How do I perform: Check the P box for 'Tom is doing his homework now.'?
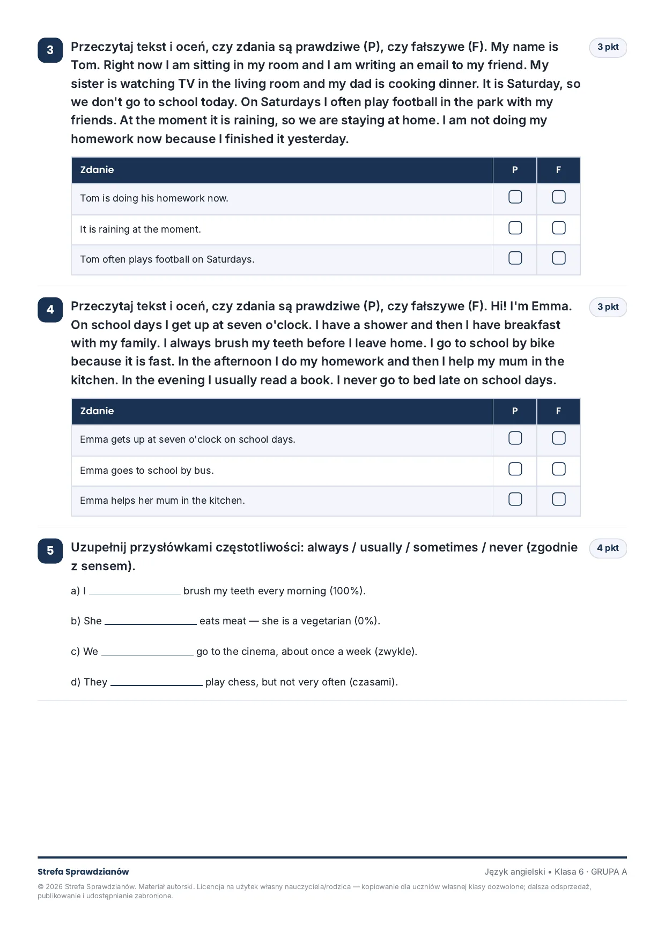(515, 197)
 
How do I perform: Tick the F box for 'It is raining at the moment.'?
(558, 228)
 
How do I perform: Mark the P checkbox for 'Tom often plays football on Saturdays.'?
(515, 258)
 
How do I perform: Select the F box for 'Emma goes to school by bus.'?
(558, 469)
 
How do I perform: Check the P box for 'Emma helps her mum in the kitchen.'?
(515, 499)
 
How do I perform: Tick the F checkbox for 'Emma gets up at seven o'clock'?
(558, 438)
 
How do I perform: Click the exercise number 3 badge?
(50, 50)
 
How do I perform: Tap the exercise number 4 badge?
(50, 310)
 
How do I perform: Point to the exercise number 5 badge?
(50, 551)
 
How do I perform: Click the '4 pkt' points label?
(608, 548)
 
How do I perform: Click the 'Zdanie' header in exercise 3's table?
(97, 170)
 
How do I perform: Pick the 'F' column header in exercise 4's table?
(558, 411)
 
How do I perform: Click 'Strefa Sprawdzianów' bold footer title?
(83, 872)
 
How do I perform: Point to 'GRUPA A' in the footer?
(609, 872)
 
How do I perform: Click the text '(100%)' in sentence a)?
(348, 591)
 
